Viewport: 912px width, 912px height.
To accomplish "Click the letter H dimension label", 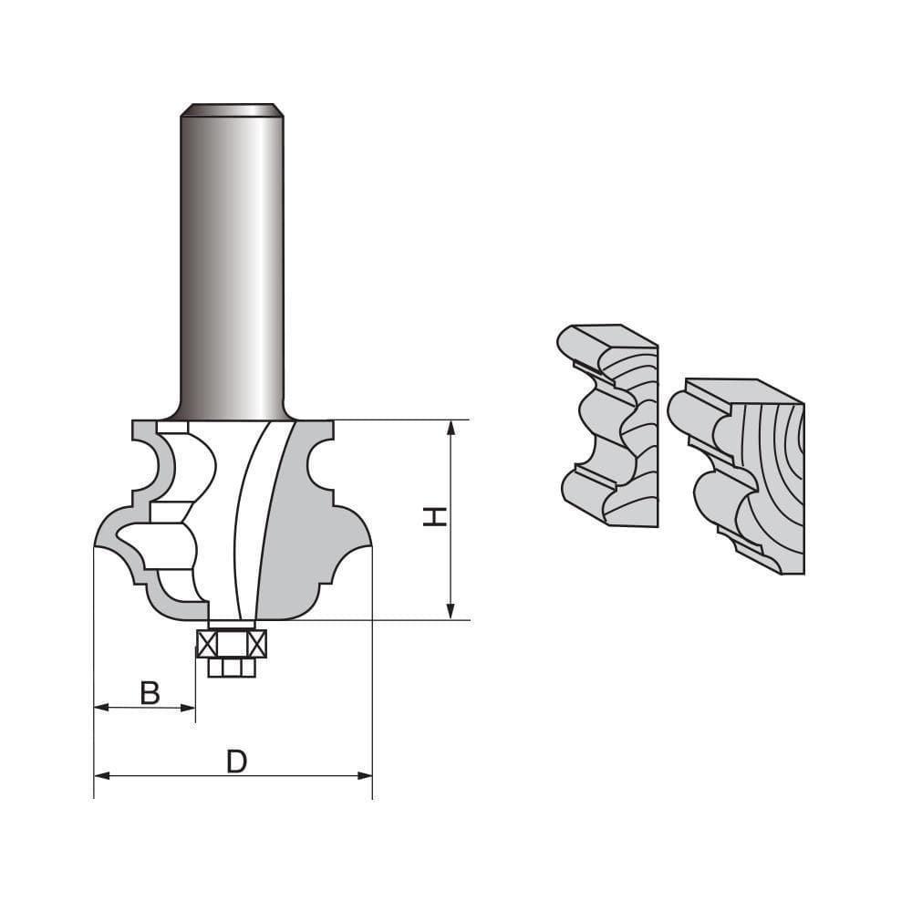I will (435, 517).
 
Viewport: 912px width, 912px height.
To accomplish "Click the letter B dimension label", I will (150, 693).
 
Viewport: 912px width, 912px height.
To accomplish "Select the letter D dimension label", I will (236, 762).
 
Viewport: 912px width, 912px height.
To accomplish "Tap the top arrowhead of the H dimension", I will (450, 426).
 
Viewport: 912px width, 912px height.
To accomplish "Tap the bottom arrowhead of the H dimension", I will (450, 614).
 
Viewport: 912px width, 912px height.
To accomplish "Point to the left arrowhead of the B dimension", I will (100, 707).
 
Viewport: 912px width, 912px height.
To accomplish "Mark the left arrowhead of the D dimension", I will (100, 775).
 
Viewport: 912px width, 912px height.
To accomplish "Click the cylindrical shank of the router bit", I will (232, 264).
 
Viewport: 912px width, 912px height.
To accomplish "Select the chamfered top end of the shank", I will (232, 109).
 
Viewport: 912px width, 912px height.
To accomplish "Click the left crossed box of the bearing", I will (206, 644).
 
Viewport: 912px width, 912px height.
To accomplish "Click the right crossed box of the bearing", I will (256, 644).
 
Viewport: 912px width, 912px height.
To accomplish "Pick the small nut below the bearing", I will (232, 668).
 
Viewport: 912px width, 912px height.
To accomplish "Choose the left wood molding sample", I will (606, 424).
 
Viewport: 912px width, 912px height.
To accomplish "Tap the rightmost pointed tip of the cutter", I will (370, 545).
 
